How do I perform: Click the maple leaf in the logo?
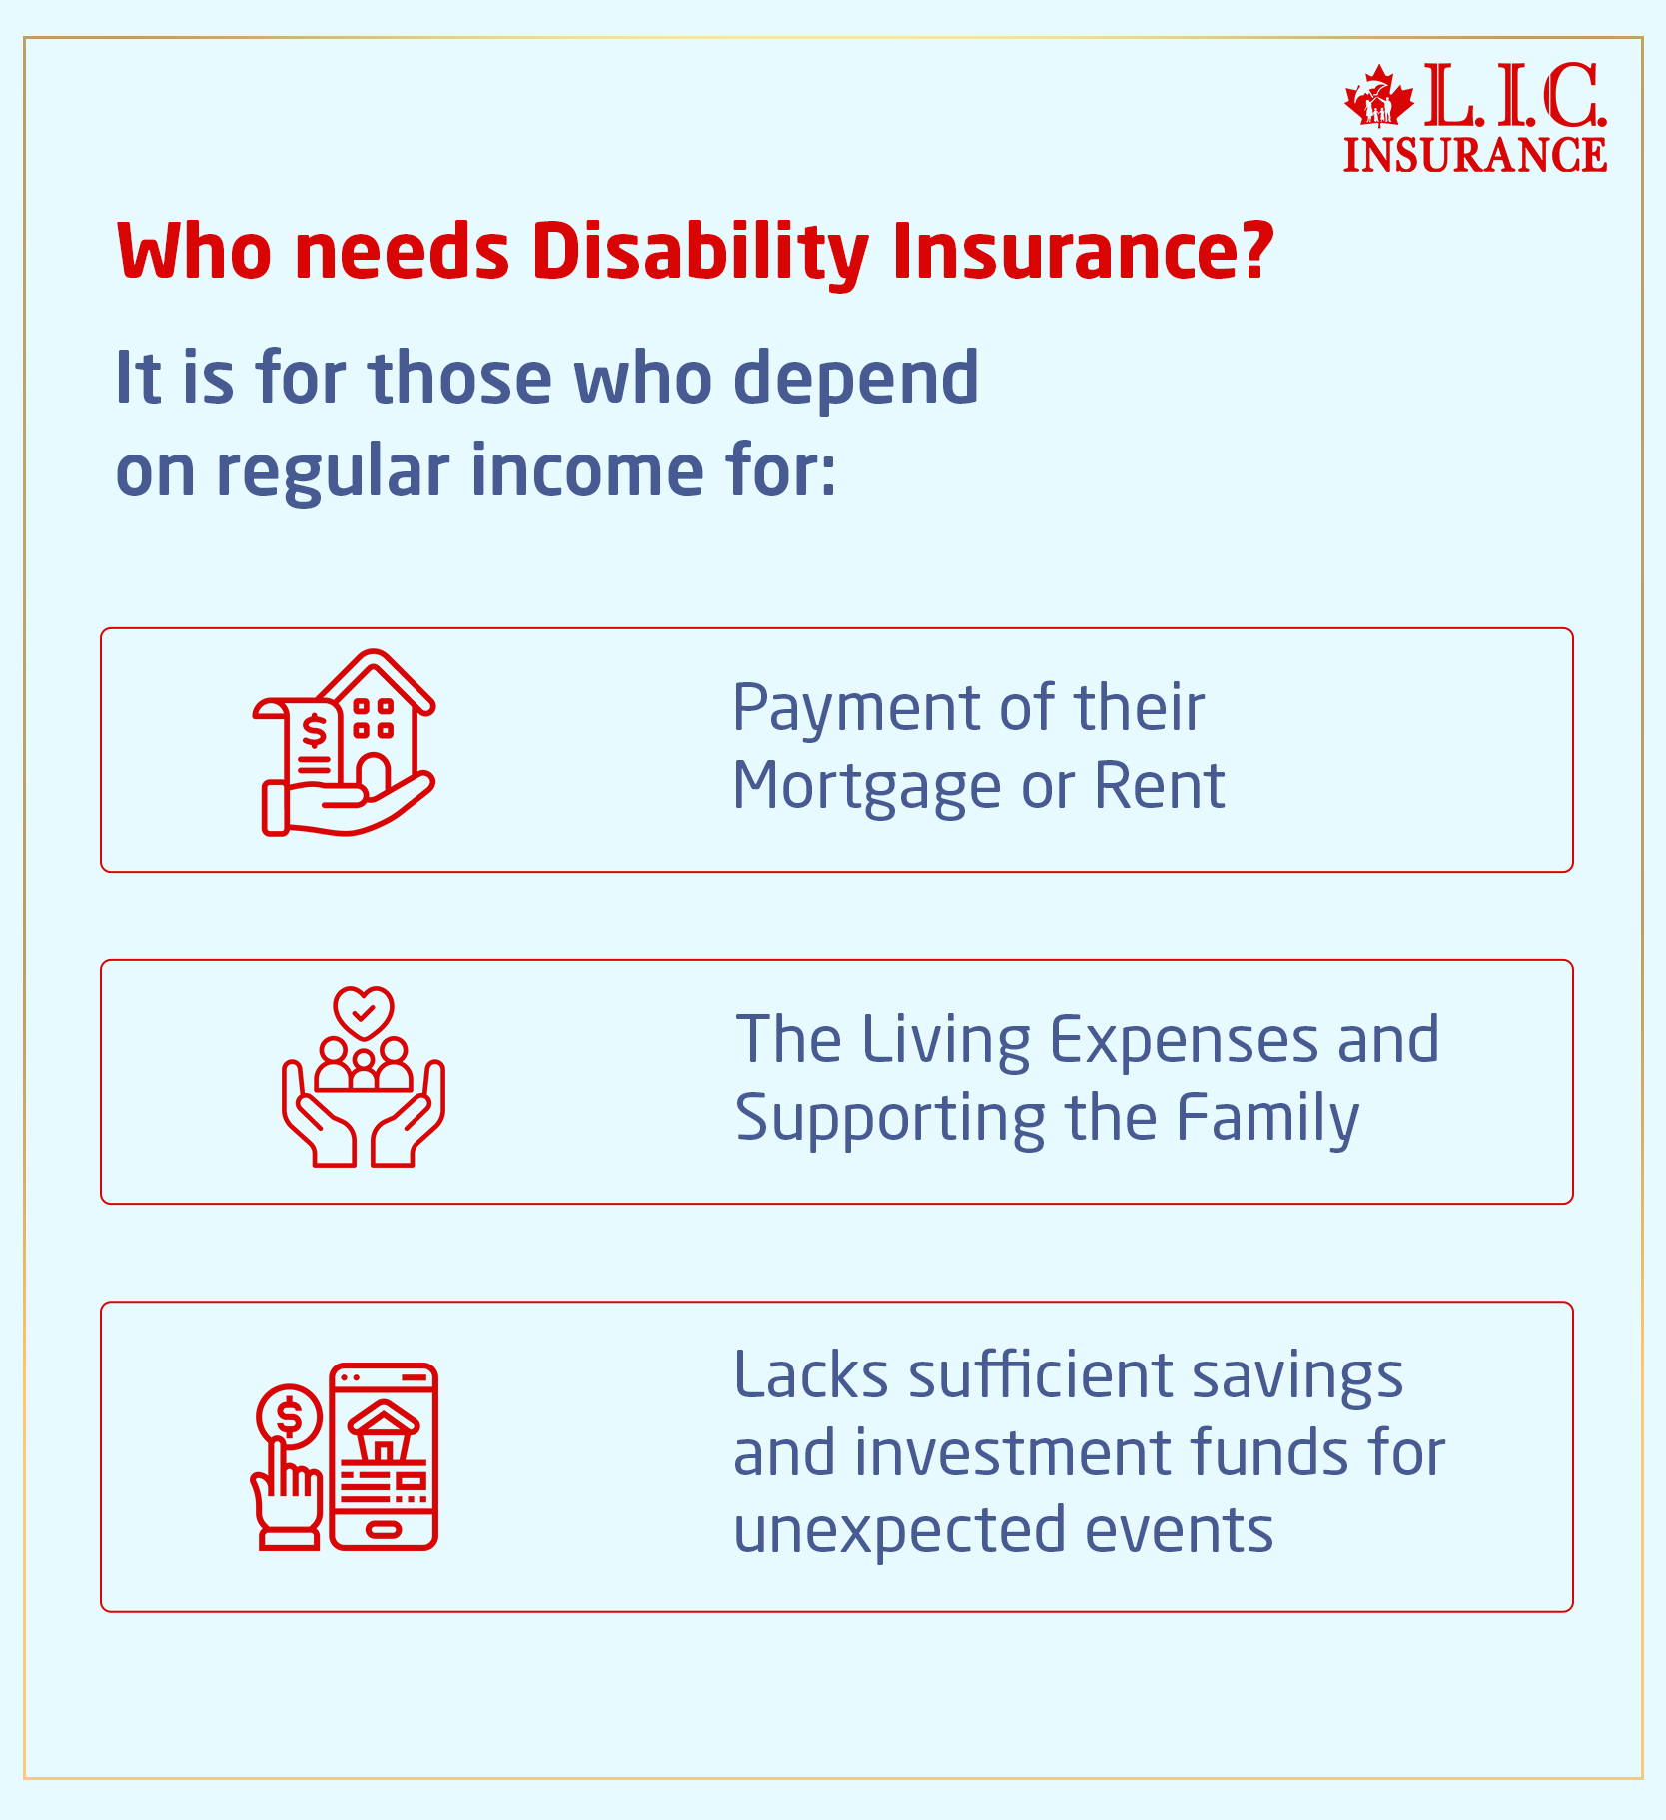tap(1379, 97)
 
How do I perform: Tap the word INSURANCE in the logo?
tap(1475, 155)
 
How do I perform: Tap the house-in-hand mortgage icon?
tap(345, 743)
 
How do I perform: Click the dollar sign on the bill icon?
tap(314, 732)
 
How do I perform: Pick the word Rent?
tap(1159, 786)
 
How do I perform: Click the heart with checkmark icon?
tap(364, 1012)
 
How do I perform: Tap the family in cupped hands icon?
tap(364, 1104)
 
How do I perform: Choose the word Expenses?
tap(1185, 1040)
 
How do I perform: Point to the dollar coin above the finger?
tap(289, 1415)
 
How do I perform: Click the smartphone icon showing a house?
tap(385, 1456)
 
